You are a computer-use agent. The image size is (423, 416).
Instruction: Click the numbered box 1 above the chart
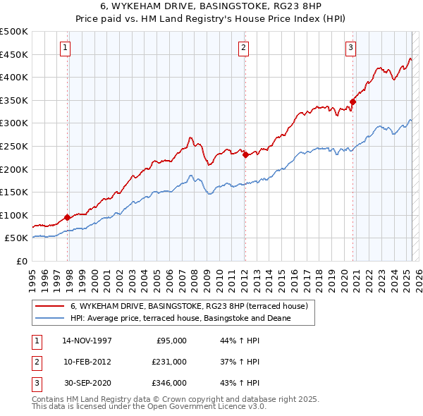pyautogui.click(x=65, y=48)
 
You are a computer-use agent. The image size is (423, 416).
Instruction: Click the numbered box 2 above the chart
pyautogui.click(x=243, y=48)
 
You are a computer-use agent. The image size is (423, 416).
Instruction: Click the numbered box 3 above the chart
pyautogui.click(x=350, y=48)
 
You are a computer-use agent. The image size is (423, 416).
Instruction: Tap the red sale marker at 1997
pyautogui.click(x=68, y=217)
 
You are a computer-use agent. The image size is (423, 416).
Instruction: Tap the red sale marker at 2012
pyautogui.click(x=245, y=155)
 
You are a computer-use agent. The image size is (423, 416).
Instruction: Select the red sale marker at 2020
pyautogui.click(x=353, y=102)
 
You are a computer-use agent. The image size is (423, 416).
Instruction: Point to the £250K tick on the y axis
pyautogui.click(x=15, y=146)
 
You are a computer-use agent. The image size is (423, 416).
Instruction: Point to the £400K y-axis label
pyautogui.click(x=15, y=78)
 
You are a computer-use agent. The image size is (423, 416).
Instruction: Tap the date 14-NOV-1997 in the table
pyautogui.click(x=87, y=341)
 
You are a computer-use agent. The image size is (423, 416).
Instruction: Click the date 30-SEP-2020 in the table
pyautogui.click(x=87, y=383)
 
